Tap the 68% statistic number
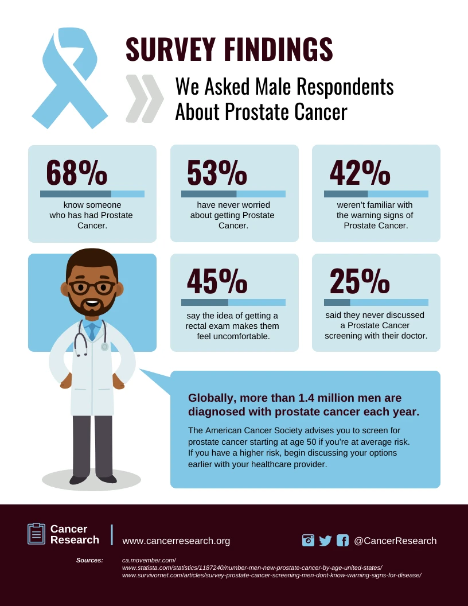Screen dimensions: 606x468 coord(76,173)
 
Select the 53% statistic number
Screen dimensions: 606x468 coord(217,173)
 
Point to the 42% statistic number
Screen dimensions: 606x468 coord(360,173)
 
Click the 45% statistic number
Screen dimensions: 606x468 coord(217,281)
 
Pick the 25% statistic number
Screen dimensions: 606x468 coord(360,281)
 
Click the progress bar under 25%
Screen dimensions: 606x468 coord(376,302)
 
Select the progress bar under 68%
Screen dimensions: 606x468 coord(92,194)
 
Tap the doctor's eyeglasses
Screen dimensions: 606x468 coord(92,287)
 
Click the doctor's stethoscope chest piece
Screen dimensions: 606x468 coord(104,347)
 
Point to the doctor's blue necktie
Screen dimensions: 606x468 coord(92,332)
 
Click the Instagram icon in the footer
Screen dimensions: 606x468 coord(308,541)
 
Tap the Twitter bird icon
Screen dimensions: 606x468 coord(325,541)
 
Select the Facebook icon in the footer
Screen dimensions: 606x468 coord(342,541)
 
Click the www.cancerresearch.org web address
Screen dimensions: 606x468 coord(176,541)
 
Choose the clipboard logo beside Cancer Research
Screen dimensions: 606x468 coord(36,534)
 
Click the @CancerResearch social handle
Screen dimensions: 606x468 coord(395,541)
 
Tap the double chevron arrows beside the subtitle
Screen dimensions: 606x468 coord(145,98)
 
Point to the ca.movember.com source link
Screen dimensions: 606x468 coord(149,560)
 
